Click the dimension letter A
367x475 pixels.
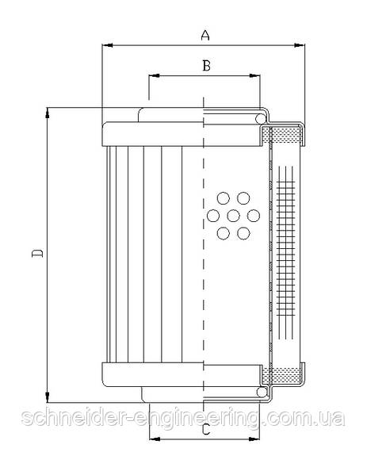pos(205,35)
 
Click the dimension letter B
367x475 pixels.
pos(206,66)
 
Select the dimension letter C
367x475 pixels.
pos(206,429)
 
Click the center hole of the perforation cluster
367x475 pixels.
pos(233,216)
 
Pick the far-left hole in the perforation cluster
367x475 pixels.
pos(213,216)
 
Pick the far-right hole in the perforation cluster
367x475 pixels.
pos(254,216)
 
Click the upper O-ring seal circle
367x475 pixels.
pos(261,119)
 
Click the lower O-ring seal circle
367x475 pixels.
pos(262,392)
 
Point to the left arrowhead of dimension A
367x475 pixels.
pos(107,45)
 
